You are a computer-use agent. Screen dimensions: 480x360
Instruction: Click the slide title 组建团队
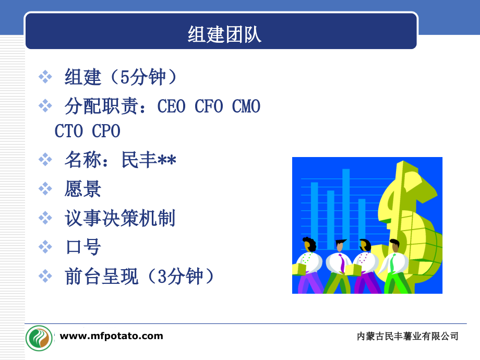[224, 34]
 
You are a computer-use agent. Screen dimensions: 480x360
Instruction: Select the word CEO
[172, 106]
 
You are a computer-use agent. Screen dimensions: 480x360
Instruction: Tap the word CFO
[209, 106]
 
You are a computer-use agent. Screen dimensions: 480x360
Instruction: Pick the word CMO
[246, 106]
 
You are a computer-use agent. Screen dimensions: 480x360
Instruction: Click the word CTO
[68, 131]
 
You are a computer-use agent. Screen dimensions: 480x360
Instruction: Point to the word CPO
[106, 131]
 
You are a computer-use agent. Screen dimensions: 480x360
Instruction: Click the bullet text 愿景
[82, 188]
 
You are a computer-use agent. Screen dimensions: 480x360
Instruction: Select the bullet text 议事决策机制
[119, 218]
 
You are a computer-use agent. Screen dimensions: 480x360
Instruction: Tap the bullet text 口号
[83, 247]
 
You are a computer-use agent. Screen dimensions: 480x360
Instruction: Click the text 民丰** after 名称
[149, 160]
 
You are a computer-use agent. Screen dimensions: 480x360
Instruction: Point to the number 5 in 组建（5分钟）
[125, 77]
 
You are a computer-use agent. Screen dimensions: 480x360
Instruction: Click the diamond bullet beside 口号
[45, 247]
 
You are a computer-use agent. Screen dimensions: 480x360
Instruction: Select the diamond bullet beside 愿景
[45, 188]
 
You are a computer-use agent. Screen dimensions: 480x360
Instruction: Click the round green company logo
[39, 338]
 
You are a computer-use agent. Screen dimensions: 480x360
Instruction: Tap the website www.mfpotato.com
[112, 336]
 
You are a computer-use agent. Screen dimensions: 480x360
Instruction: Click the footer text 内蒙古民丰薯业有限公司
[407, 336]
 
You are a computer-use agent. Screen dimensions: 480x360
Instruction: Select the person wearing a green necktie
[395, 266]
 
